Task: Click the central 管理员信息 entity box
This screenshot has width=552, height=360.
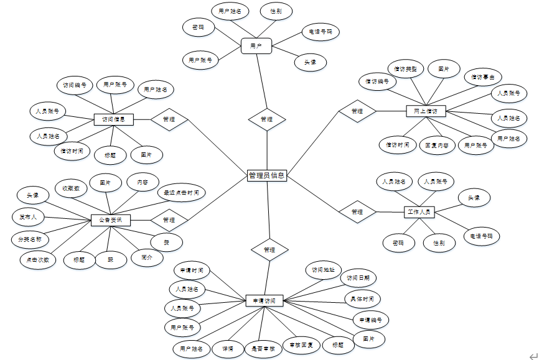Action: pyautogui.click(x=266, y=176)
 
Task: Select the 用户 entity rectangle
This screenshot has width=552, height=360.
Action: pyautogui.click(x=256, y=46)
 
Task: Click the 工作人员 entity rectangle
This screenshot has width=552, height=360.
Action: pyautogui.click(x=419, y=212)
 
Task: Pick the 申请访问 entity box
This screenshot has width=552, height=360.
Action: pyautogui.click(x=264, y=300)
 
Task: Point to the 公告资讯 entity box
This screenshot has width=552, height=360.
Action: pyautogui.click(x=111, y=220)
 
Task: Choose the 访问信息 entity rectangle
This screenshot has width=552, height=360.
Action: pyautogui.click(x=113, y=119)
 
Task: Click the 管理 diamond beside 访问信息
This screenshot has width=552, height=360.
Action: pyautogui.click(x=169, y=119)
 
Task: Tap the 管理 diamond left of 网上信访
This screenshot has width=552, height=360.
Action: pyautogui.click(x=357, y=112)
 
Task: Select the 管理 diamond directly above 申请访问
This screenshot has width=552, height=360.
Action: pyautogui.click(x=269, y=249)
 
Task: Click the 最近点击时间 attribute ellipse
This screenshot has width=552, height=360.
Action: pyautogui.click(x=181, y=193)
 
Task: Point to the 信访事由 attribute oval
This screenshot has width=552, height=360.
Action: pyautogui.click(x=483, y=77)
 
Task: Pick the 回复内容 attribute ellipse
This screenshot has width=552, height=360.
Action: pyautogui.click(x=436, y=145)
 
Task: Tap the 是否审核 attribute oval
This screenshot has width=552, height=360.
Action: pyautogui.click(x=263, y=349)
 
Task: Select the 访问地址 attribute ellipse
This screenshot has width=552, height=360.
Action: pyautogui.click(x=324, y=270)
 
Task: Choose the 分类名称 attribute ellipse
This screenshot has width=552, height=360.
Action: pyautogui.click(x=29, y=239)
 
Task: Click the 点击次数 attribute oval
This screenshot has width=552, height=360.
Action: pyautogui.click(x=38, y=259)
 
